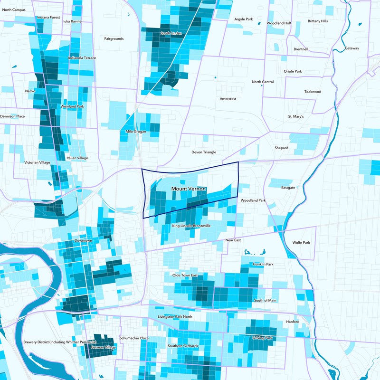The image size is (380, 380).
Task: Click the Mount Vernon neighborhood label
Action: pyautogui.click(x=189, y=189)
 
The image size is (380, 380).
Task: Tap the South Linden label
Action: pyautogui.click(x=172, y=33)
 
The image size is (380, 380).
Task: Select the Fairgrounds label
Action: pyautogui.click(x=114, y=38)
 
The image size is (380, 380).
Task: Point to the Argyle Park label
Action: pyautogui.click(x=244, y=19)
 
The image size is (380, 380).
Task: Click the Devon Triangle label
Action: pyautogui.click(x=204, y=152)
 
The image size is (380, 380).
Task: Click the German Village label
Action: pyautogui.click(x=103, y=348)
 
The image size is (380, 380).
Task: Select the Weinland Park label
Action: pyautogui.click(x=72, y=107)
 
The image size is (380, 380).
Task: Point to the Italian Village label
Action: pyautogui.click(x=76, y=158)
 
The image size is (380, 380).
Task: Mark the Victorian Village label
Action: pyautogui.click(x=37, y=162)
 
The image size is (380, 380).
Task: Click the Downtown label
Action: pyautogui.click(x=83, y=241)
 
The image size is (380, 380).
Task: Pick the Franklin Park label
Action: pyautogui.click(x=263, y=264)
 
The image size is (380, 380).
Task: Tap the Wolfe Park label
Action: pyautogui.click(x=301, y=242)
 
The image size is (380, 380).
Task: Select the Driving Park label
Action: pyautogui.click(x=262, y=338)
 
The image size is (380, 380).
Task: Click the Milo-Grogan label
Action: pyautogui.click(x=136, y=132)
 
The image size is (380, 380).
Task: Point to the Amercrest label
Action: pyautogui.click(x=228, y=99)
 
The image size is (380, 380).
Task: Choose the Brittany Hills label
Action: pyautogui.click(x=318, y=21)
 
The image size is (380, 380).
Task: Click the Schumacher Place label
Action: pyautogui.click(x=134, y=338)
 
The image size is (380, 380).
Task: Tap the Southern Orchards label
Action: pyautogui.click(x=183, y=346)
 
